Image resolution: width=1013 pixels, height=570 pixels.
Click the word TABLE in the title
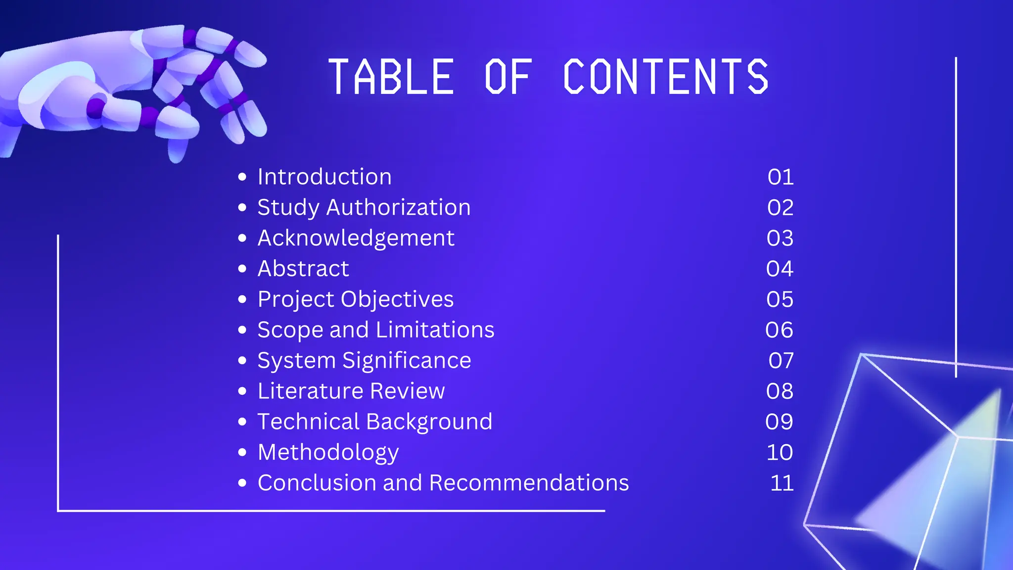tap(391, 77)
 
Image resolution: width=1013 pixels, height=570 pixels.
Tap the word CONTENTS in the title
tap(666, 77)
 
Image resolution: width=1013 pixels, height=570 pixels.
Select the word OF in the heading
tap(508, 77)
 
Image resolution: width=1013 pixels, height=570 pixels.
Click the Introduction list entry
tap(324, 177)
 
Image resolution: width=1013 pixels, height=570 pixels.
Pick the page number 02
tap(781, 207)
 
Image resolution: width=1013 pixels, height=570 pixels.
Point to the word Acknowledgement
tap(356, 238)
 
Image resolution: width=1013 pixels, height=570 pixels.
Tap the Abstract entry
tap(303, 269)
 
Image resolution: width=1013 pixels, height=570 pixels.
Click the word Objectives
tap(397, 299)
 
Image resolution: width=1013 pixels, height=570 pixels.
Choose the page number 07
tap(781, 361)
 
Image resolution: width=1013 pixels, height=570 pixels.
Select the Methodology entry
tap(328, 453)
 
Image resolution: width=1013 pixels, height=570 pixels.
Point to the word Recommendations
tap(529, 483)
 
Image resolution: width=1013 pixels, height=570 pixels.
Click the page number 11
tap(782, 483)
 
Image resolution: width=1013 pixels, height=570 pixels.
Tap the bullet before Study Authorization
tap(242, 207)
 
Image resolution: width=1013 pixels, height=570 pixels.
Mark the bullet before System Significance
tap(242, 361)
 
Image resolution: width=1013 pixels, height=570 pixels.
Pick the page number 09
tap(780, 422)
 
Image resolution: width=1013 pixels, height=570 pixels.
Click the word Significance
tap(407, 361)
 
